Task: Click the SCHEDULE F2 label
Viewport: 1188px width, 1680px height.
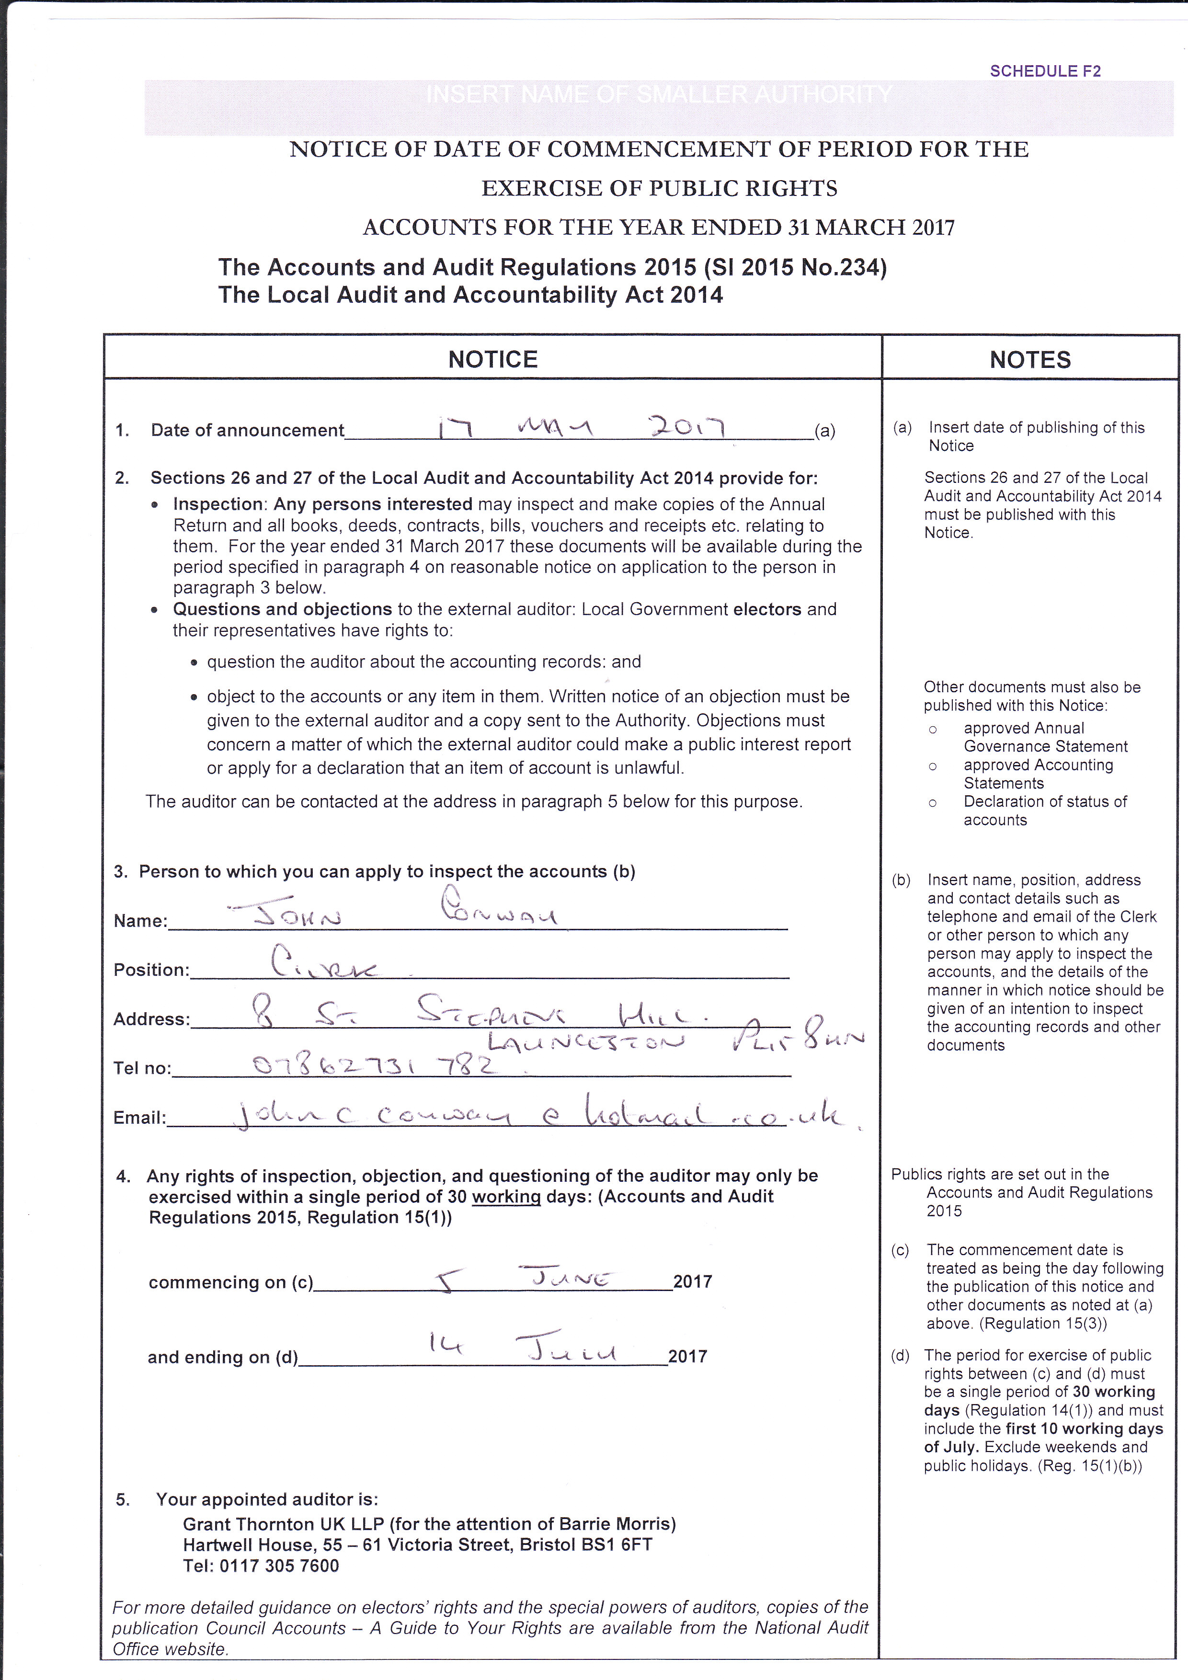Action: [x=1045, y=71]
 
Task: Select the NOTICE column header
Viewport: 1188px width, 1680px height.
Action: [x=492, y=359]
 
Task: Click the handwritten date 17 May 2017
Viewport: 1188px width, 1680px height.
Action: [x=581, y=427]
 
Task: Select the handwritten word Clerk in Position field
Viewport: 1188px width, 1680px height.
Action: [x=322, y=964]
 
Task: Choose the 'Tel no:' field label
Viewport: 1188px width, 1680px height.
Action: [x=142, y=1068]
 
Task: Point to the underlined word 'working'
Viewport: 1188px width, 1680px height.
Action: [x=506, y=1197]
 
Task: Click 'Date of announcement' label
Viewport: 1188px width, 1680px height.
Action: [x=247, y=430]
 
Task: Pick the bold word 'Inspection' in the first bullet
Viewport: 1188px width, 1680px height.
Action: [x=217, y=504]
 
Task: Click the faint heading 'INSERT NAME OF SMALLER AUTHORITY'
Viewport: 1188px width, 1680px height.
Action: [x=658, y=94]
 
